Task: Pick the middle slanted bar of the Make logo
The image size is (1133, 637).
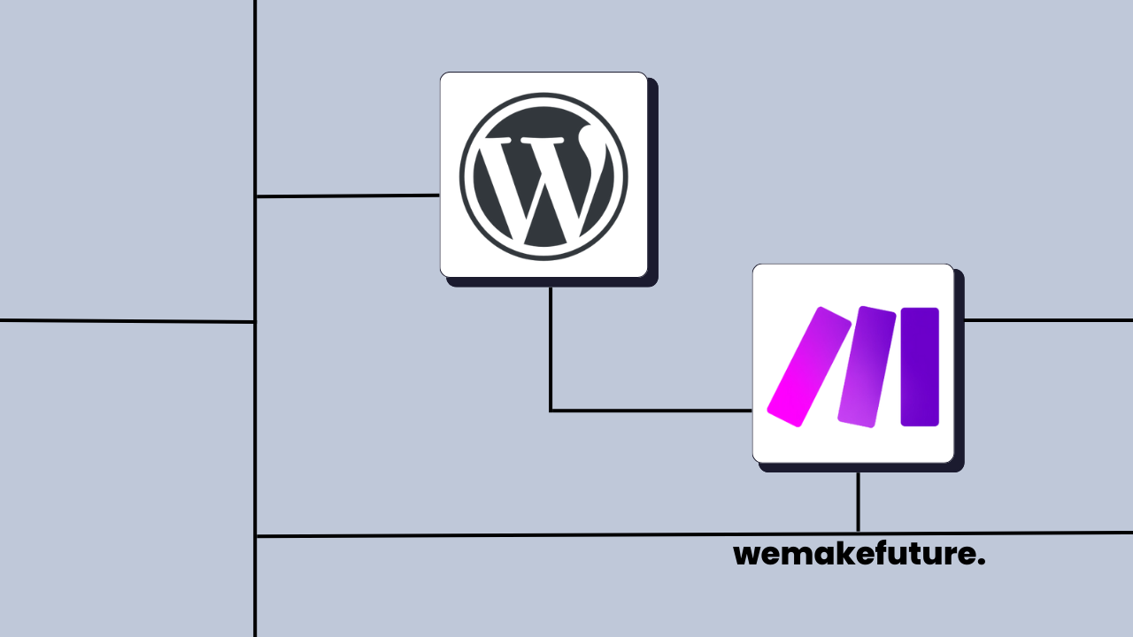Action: tap(867, 366)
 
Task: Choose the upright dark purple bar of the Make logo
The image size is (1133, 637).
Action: tap(920, 366)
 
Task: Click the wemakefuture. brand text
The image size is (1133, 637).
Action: tap(859, 556)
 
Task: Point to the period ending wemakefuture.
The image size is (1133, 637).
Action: tap(982, 564)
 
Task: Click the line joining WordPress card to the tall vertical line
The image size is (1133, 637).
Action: tap(347, 196)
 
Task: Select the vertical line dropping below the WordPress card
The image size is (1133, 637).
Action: tap(551, 345)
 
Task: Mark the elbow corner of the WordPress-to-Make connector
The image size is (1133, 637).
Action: tap(551, 411)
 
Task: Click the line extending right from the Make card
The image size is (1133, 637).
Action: tap(1049, 320)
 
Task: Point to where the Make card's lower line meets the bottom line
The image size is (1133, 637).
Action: tap(858, 534)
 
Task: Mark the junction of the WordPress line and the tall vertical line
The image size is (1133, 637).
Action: tap(256, 196)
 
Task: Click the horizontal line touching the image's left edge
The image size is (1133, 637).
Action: tap(124, 321)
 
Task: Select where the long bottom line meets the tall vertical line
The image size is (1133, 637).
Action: tap(256, 536)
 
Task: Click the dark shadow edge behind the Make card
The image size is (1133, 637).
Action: tap(960, 372)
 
